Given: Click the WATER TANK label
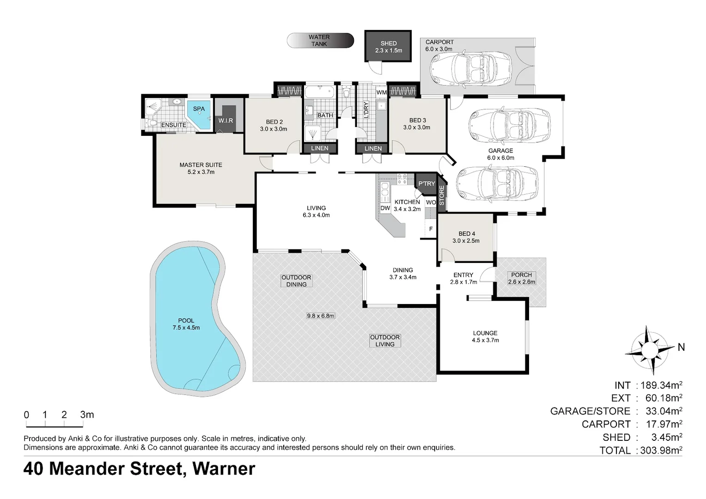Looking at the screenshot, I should click(x=319, y=41).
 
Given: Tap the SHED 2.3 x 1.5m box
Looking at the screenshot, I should click(x=388, y=47).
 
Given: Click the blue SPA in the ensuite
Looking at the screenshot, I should click(x=199, y=114).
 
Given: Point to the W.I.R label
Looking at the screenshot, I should click(x=225, y=121).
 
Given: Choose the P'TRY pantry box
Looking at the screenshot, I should click(x=426, y=183).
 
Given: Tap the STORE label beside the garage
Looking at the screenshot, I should click(x=442, y=195).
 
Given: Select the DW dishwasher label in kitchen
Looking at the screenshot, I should click(x=385, y=208).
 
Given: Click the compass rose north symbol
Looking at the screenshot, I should click(x=649, y=350).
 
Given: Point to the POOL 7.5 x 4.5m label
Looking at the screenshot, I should click(x=186, y=324).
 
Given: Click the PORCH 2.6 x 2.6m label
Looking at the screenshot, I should click(x=521, y=278).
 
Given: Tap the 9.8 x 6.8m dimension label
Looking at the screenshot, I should click(x=320, y=316).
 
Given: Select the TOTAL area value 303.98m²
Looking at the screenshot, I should click(x=661, y=450).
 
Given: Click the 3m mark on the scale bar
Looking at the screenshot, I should click(x=86, y=415).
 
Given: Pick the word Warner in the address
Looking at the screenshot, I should click(x=224, y=469).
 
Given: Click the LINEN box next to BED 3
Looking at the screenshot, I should click(x=373, y=148).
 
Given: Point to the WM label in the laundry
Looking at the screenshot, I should click(x=381, y=92).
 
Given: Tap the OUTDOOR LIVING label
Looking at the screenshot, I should click(x=384, y=341).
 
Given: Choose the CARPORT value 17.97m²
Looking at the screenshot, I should click(x=661, y=424).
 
